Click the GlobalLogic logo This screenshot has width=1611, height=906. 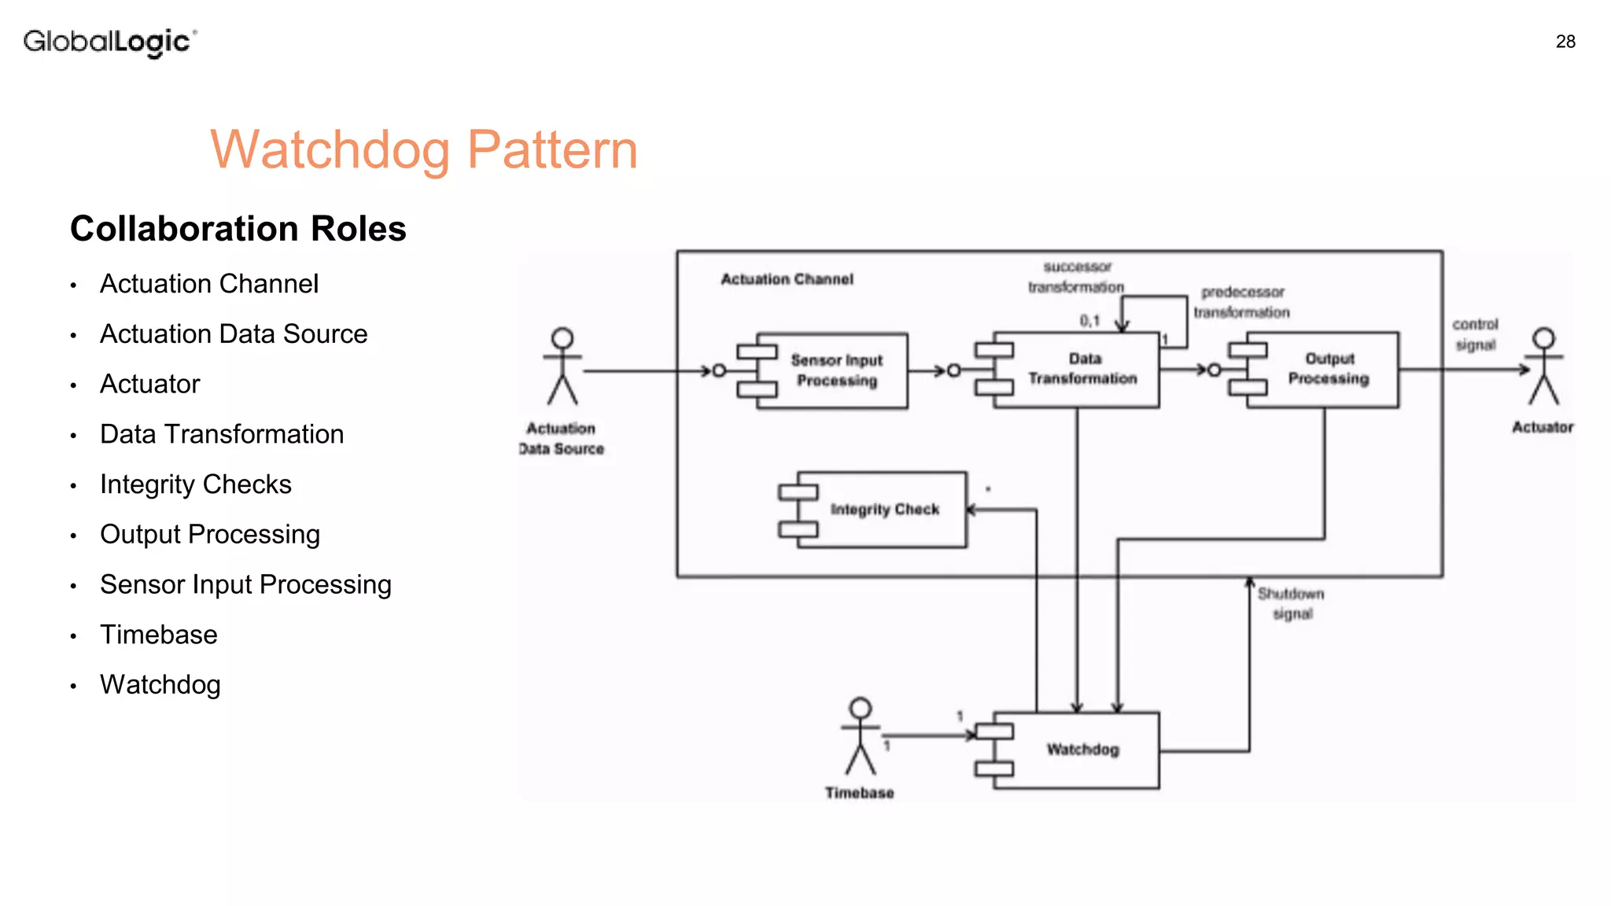coord(109,42)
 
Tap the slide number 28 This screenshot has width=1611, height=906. coord(1565,42)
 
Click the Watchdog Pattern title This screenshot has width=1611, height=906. coord(423,149)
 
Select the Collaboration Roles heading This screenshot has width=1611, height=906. coord(238,229)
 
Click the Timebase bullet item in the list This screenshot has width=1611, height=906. coord(158,635)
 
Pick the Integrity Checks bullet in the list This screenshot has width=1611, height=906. coord(195,484)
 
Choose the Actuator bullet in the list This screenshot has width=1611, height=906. coord(149,385)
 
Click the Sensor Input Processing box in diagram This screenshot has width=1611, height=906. coord(834,370)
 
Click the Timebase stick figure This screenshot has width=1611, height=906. coord(860,736)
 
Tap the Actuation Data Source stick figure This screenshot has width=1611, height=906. coord(562,366)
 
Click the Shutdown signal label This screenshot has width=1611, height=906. coord(1291,603)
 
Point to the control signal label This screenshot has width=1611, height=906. coord(1475,334)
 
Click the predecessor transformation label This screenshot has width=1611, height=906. coord(1241,302)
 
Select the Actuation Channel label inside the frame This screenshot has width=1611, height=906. coord(787,279)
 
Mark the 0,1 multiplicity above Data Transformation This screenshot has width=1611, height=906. coord(1089,321)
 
